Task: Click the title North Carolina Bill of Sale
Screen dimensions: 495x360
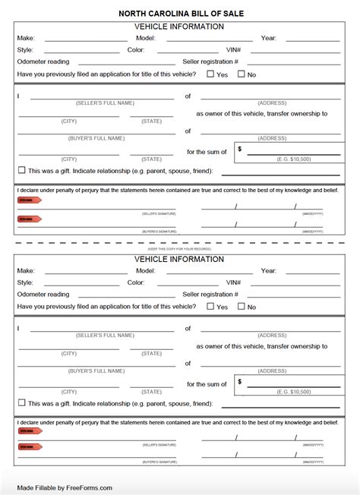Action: point(181,14)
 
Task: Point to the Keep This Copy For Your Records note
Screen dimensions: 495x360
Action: point(179,249)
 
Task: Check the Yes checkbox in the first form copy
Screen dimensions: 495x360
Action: point(211,74)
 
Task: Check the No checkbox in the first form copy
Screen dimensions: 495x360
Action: point(242,74)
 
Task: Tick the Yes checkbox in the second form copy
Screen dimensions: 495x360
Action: point(211,307)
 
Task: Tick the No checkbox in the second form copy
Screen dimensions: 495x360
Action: point(242,307)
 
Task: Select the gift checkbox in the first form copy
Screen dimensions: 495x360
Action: point(22,171)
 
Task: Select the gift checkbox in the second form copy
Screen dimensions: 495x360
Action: point(22,403)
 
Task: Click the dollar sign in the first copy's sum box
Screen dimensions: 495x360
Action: point(240,150)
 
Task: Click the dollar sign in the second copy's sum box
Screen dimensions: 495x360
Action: point(240,382)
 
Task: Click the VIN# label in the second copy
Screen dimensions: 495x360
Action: point(233,282)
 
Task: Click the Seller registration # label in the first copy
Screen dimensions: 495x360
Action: point(210,62)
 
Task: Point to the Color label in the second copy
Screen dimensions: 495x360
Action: point(136,282)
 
